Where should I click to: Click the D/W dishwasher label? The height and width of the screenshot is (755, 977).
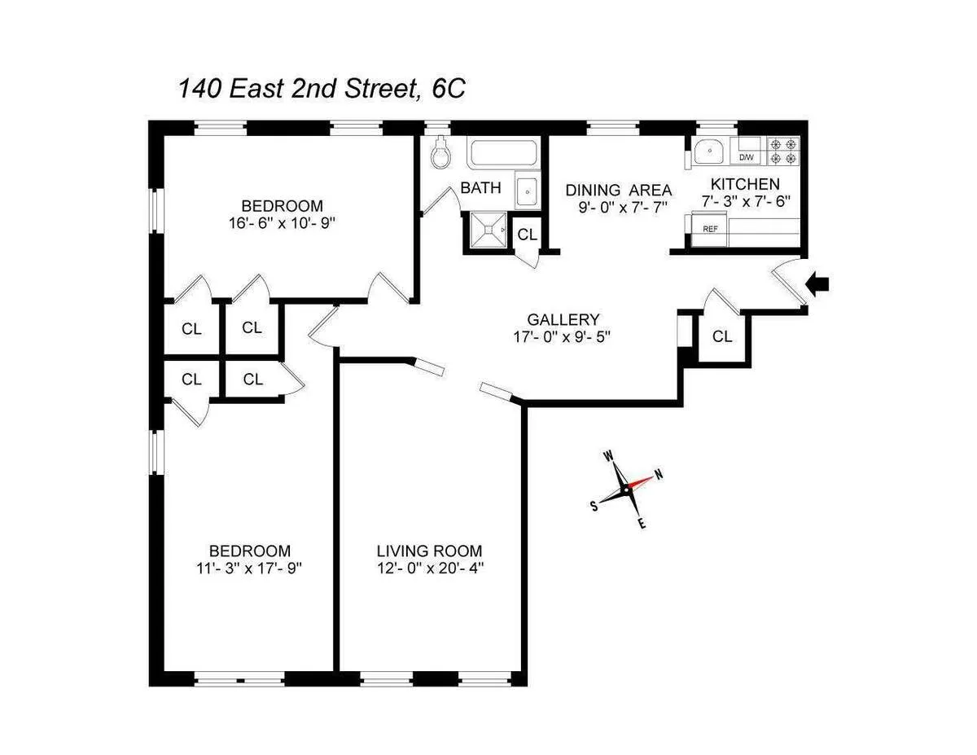click(x=746, y=158)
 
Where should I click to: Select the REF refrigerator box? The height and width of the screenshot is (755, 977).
click(x=711, y=229)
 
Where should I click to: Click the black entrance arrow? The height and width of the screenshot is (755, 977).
click(x=818, y=283)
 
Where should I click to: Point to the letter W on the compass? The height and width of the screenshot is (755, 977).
click(x=608, y=457)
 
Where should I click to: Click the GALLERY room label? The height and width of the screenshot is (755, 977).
click(x=563, y=319)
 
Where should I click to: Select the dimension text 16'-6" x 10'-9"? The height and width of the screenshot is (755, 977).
click(x=282, y=222)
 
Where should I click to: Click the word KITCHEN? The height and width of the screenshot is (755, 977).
click(x=745, y=184)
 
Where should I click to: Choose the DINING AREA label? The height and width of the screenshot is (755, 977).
click(x=619, y=190)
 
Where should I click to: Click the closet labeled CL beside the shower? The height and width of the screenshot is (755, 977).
click(x=527, y=235)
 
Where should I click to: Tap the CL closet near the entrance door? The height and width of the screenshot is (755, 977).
click(x=721, y=336)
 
